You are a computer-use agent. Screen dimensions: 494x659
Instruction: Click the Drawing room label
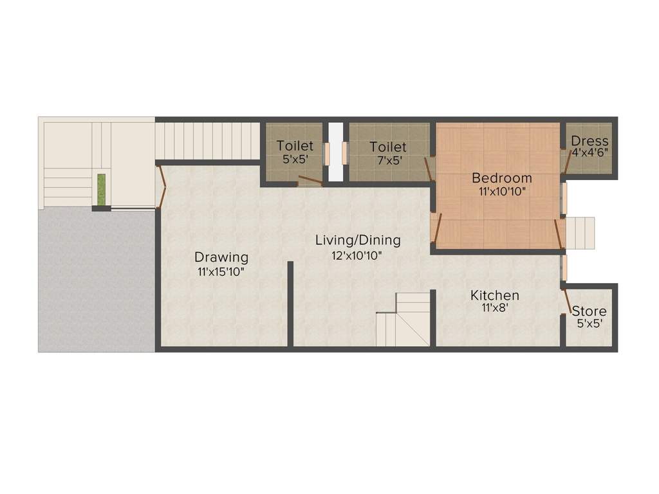[x=221, y=257]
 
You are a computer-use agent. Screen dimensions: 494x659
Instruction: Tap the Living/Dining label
[x=358, y=240]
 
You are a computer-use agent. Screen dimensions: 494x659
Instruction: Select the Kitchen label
[x=495, y=295]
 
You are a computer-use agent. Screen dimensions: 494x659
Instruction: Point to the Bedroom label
[x=502, y=178]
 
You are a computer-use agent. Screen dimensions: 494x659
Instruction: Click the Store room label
[x=589, y=311]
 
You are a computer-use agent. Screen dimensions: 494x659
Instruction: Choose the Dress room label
[x=589, y=141]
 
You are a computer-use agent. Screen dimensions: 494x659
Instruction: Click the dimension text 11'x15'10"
[x=221, y=271]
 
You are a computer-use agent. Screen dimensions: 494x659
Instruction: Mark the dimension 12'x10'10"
[x=358, y=255]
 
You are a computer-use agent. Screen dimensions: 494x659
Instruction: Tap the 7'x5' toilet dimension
[x=388, y=161]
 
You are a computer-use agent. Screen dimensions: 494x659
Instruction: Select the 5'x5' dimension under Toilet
[x=295, y=161]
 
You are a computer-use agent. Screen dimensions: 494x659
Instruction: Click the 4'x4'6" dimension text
[x=589, y=154]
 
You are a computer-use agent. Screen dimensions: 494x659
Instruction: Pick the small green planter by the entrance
[x=101, y=188]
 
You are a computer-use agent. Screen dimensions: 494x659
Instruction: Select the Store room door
[x=568, y=300]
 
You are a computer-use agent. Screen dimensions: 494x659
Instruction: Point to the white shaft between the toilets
[x=336, y=152]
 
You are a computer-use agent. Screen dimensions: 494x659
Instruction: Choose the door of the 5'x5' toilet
[x=309, y=181]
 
